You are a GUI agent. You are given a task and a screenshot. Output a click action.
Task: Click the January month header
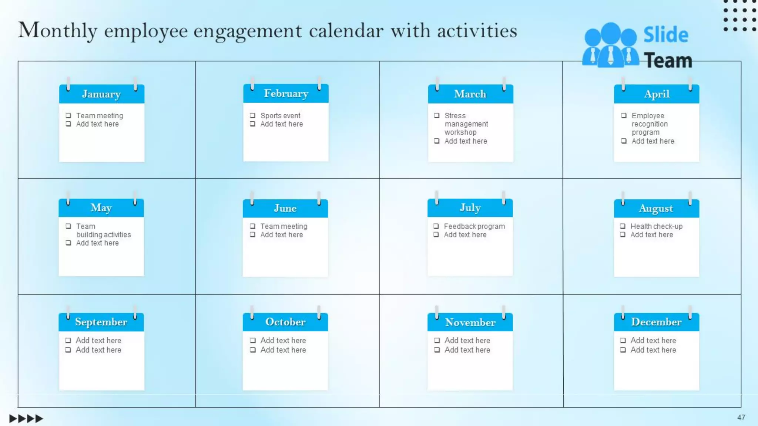pos(101,94)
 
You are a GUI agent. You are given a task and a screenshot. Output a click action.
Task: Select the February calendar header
pos(286,94)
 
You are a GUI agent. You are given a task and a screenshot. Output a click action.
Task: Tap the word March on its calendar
pos(470,94)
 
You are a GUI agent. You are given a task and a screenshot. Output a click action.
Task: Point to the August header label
pos(656,208)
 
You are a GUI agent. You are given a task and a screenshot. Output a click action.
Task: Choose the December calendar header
pos(656,322)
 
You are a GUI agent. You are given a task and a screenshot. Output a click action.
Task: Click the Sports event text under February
pos(280,116)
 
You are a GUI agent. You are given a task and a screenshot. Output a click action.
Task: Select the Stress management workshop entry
pos(466,124)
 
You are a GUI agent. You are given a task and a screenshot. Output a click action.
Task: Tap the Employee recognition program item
pos(649,124)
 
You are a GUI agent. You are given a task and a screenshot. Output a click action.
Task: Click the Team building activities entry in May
pos(103,230)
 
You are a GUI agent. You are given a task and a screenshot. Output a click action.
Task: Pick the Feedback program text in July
pos(474,226)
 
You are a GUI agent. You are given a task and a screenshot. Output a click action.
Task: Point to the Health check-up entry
pos(656,226)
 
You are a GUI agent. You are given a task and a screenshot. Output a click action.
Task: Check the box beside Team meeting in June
pos(252,226)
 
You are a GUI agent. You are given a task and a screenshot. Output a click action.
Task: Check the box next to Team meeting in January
pos(68,115)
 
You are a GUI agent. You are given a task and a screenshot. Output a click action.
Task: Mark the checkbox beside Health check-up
pos(623,226)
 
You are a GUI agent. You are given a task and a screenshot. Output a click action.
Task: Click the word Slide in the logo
pos(665,35)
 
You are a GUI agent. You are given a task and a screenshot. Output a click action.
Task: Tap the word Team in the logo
pos(668,61)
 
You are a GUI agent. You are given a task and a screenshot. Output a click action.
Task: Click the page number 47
pos(741,417)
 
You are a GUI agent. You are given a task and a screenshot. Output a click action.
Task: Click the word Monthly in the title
pos(58,31)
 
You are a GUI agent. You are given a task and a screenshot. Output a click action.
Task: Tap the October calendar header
pos(285,322)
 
